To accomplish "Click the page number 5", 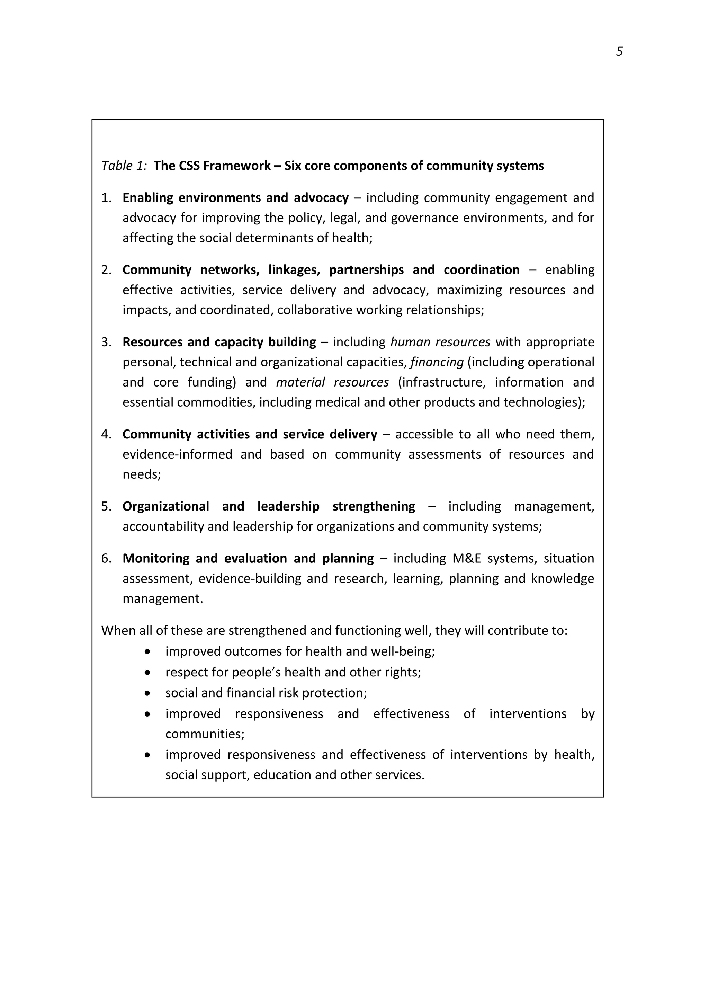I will [x=619, y=52].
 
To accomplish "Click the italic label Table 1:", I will [x=124, y=166].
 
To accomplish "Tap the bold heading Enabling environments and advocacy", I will [x=235, y=198].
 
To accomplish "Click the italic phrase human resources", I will [x=440, y=342].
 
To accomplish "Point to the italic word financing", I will [x=437, y=362].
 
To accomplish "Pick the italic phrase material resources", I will [x=332, y=382].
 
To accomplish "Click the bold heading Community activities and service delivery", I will [x=250, y=434].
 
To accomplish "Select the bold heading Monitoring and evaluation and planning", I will [x=248, y=558].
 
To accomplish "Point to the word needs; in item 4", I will [x=142, y=474].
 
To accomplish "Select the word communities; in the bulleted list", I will [x=205, y=734].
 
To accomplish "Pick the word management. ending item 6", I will [x=163, y=598].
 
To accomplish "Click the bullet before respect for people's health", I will [x=147, y=672].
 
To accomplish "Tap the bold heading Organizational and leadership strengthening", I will [x=269, y=506].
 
